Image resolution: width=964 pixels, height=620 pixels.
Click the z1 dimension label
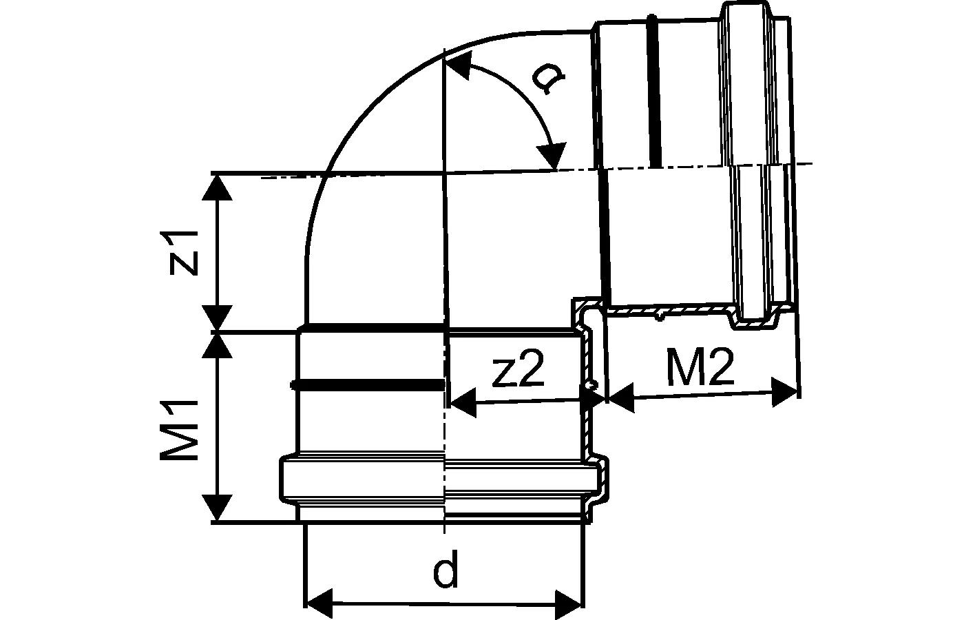pyautogui.click(x=184, y=253)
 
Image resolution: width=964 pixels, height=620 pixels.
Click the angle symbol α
pyautogui.click(x=547, y=81)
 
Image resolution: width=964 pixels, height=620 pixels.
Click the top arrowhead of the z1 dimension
pyautogui.click(x=218, y=187)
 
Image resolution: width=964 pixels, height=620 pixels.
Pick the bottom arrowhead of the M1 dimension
pyautogui.click(x=218, y=508)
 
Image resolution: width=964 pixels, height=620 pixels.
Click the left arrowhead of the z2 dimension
pyautogui.click(x=463, y=402)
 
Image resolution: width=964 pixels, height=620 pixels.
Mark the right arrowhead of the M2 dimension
pyautogui.click(x=785, y=392)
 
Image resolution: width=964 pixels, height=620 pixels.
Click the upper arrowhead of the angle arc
pyautogui.click(x=459, y=65)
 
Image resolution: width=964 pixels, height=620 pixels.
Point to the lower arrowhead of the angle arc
pyautogui.click(x=551, y=156)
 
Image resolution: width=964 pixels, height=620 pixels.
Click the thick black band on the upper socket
pyautogui.click(x=653, y=92)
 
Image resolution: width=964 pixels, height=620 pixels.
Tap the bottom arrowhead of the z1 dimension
pyautogui.click(x=218, y=318)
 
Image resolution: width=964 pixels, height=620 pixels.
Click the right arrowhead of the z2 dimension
pyautogui.click(x=594, y=399)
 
